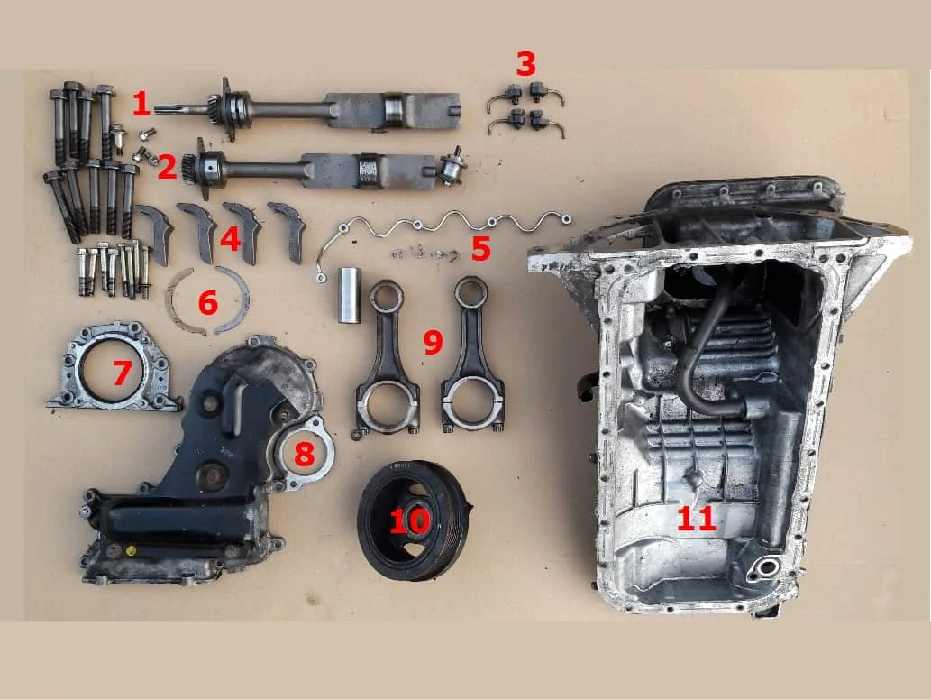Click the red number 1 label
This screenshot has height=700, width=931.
point(141,105)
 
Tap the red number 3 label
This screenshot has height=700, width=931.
point(525,64)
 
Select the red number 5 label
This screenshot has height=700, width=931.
point(481,249)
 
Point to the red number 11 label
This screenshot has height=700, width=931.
point(697,518)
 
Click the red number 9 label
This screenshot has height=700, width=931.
point(433,342)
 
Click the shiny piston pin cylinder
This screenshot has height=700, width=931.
point(350,295)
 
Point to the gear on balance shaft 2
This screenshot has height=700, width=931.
point(191,168)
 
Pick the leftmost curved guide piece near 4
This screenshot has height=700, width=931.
point(155,230)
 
